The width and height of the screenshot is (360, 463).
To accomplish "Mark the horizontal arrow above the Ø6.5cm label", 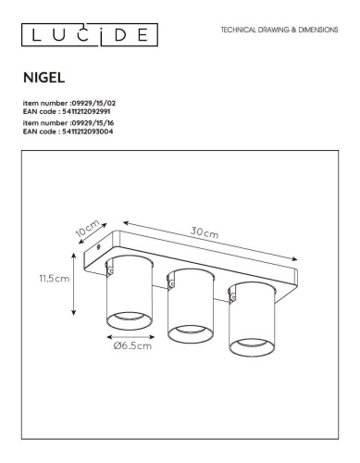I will click(129, 335).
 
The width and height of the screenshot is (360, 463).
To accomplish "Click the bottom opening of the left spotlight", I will click(127, 319).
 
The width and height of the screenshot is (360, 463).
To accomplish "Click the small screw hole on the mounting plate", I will click(100, 248).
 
